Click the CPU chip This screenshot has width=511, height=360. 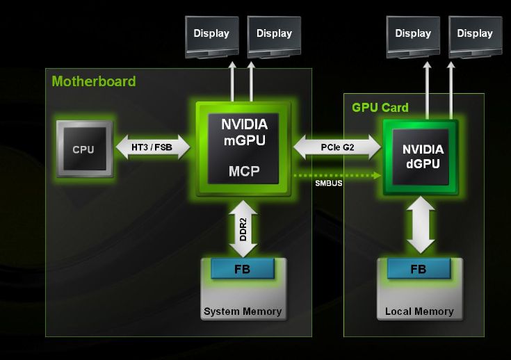(x=83, y=149)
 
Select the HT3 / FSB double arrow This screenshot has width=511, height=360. (x=151, y=147)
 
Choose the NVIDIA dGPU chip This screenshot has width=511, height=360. (x=421, y=156)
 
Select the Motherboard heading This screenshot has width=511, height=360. (x=94, y=81)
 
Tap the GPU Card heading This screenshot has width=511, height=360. (x=380, y=108)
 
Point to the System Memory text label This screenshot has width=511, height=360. (x=243, y=311)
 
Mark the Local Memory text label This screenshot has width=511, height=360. (x=419, y=311)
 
